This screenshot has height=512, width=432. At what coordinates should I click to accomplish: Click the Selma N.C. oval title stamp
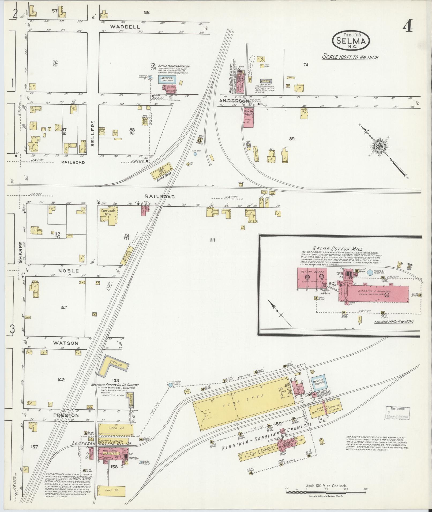351,41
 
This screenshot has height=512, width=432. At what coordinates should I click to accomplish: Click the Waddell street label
125,27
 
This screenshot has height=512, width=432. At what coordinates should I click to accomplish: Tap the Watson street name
65,343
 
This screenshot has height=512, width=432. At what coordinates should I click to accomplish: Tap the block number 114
212,240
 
